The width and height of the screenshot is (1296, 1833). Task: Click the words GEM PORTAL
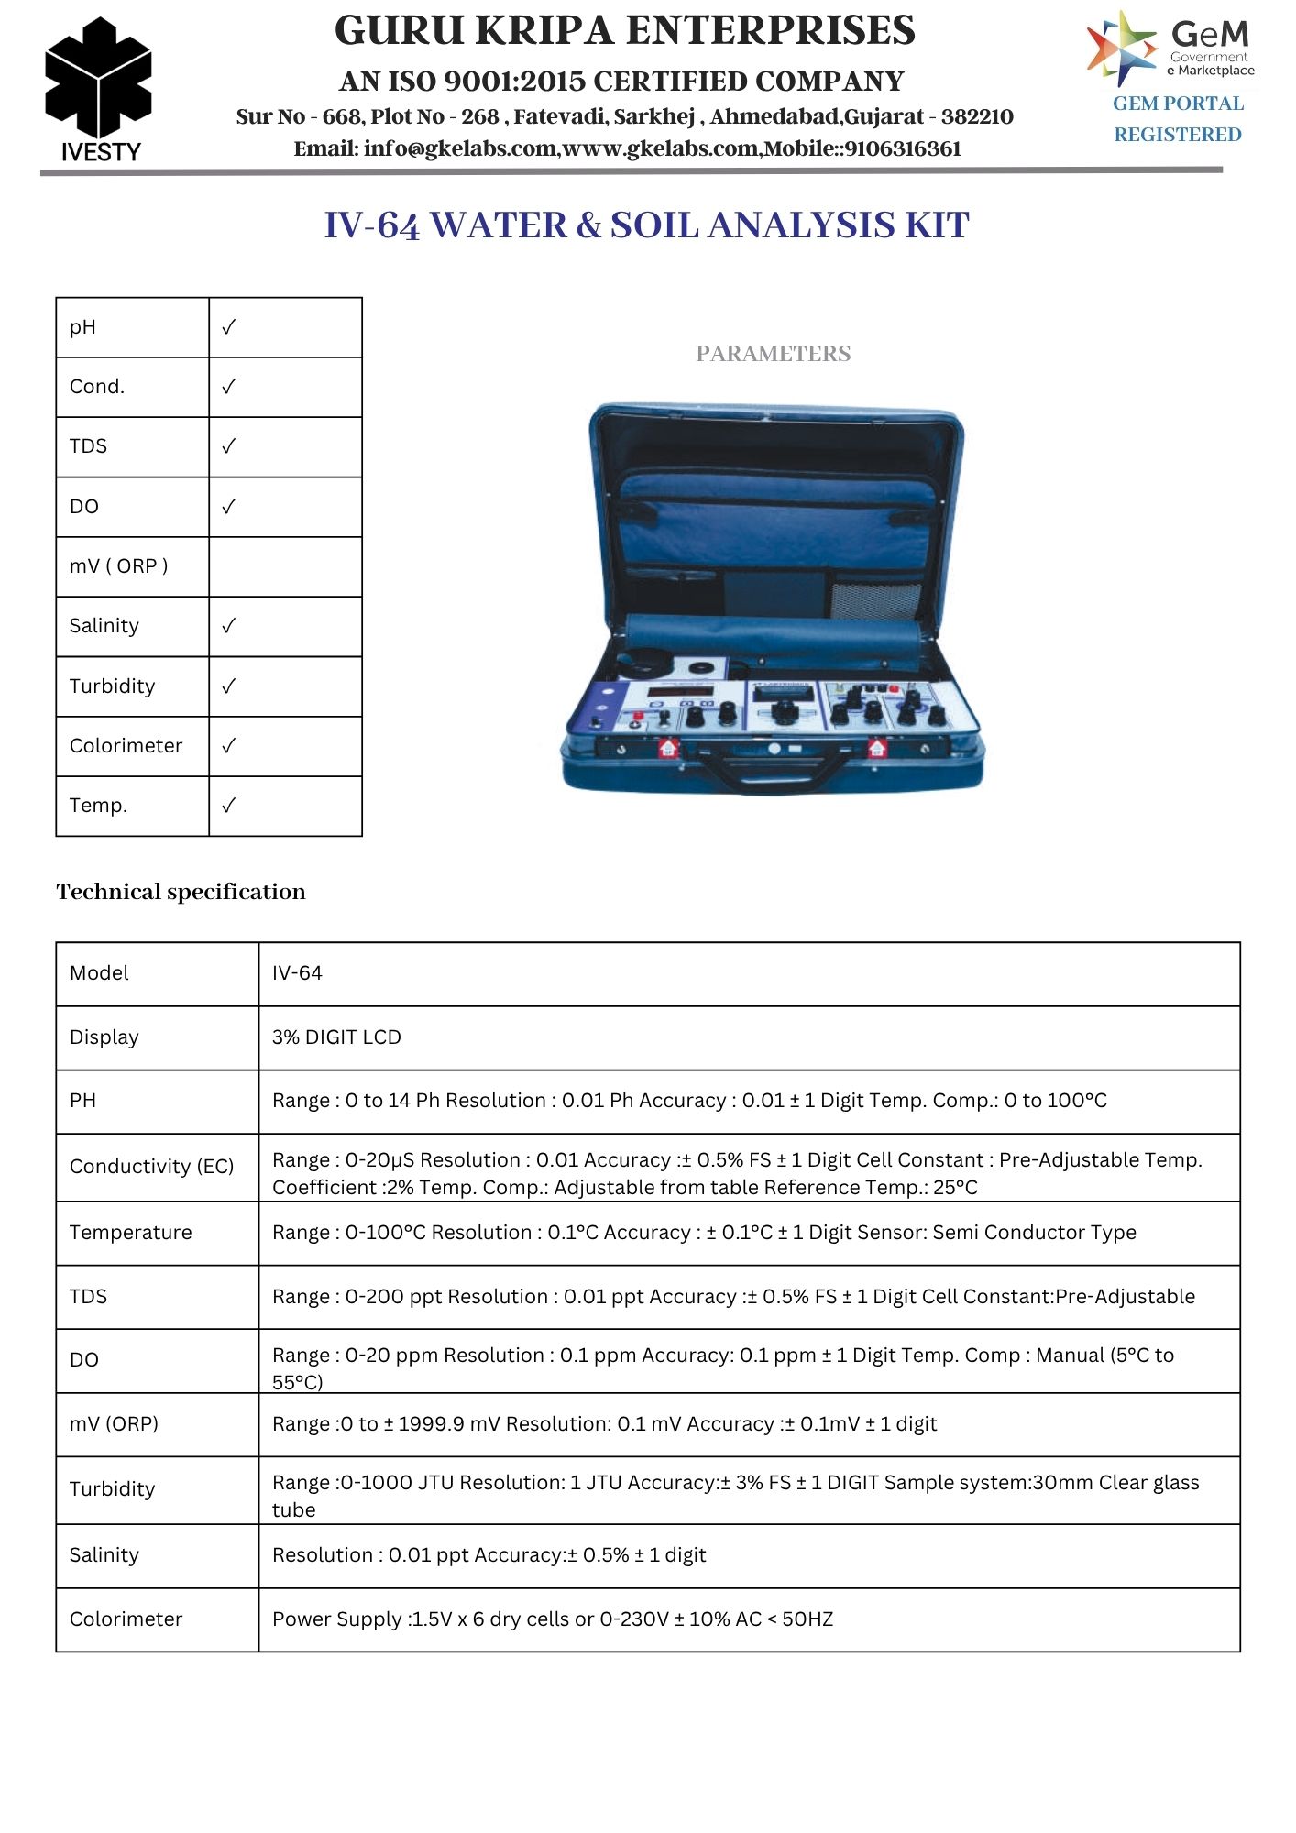pyautogui.click(x=1178, y=104)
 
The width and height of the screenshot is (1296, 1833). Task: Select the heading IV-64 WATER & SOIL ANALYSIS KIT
pyautogui.click(x=646, y=225)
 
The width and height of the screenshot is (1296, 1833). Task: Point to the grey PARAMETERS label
pyautogui.click(x=773, y=354)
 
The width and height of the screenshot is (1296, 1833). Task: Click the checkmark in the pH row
pyautogui.click(x=229, y=327)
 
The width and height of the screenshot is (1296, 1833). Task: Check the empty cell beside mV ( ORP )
pyautogui.click(x=285, y=566)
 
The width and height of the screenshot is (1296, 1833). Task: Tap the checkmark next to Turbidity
pyautogui.click(x=229, y=686)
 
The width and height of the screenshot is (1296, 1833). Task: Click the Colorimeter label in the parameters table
pyautogui.click(x=126, y=746)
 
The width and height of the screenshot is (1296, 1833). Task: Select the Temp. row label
pyautogui.click(x=98, y=806)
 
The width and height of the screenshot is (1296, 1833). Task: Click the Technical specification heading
pyautogui.click(x=181, y=892)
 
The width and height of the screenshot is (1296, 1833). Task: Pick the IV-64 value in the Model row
pyautogui.click(x=297, y=973)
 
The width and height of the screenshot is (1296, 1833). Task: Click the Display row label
pyautogui.click(x=104, y=1037)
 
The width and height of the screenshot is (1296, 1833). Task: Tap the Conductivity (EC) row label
pyautogui.click(x=151, y=1167)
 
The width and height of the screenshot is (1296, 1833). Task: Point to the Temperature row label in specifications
pyautogui.click(x=130, y=1233)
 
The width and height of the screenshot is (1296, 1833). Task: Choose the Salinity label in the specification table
pyautogui.click(x=104, y=1555)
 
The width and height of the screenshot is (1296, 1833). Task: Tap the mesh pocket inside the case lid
pyautogui.click(x=875, y=598)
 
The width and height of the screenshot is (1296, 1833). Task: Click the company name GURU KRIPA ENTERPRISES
pyautogui.click(x=624, y=30)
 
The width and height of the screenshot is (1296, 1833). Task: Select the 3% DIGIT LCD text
pyautogui.click(x=336, y=1037)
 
